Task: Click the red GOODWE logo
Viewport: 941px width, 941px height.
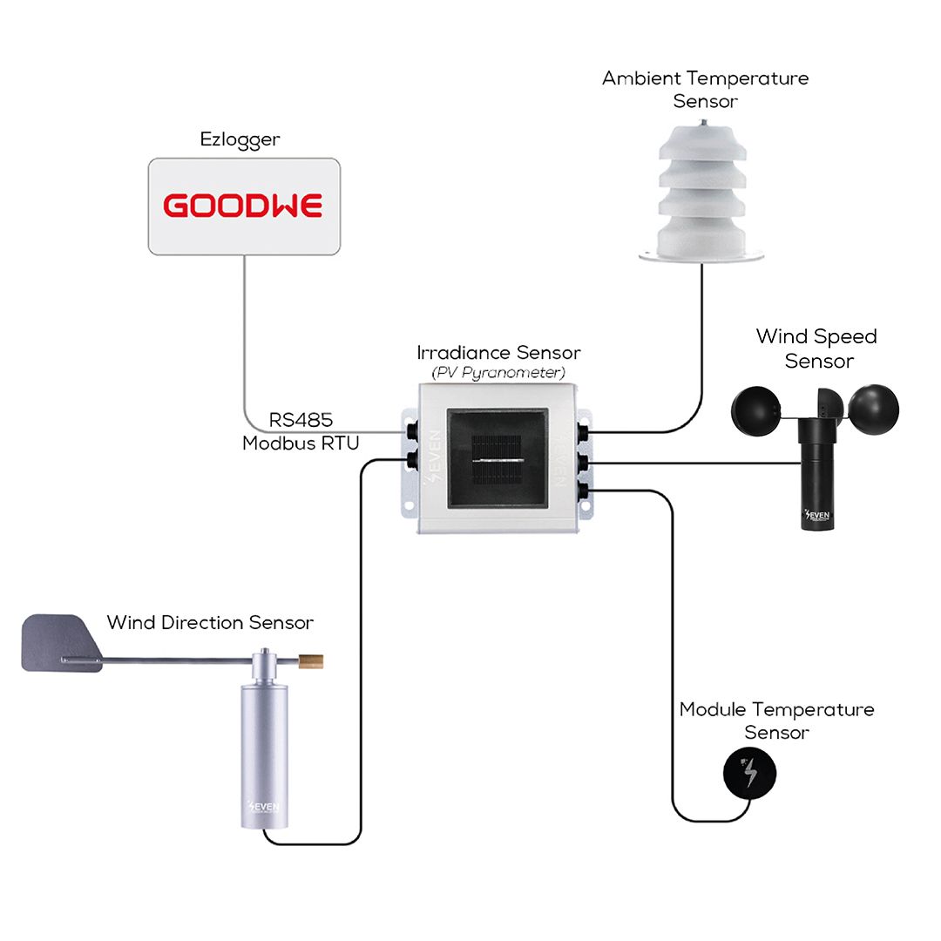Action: (243, 206)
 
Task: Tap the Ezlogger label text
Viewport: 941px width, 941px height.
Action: (240, 139)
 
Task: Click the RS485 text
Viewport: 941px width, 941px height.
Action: (301, 419)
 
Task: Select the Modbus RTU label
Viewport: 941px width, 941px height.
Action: (301, 443)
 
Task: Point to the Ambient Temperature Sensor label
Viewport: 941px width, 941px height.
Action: (705, 90)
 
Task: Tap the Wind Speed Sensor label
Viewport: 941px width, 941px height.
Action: (816, 349)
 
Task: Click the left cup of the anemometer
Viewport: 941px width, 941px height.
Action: (755, 410)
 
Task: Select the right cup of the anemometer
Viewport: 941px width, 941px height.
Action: (873, 410)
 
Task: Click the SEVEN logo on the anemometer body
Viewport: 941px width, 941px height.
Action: (816, 515)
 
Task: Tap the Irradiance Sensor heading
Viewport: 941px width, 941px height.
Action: (498, 352)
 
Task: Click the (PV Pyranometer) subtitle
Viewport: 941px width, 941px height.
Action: (498, 373)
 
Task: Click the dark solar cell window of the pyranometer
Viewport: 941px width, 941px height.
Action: (497, 458)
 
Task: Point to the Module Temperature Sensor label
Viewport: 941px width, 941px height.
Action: (776, 721)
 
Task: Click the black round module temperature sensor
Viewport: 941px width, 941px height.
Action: (749, 773)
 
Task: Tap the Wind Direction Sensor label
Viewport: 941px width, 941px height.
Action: (210, 622)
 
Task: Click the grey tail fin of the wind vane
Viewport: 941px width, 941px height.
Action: (60, 643)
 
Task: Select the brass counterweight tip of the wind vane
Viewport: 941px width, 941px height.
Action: (311, 661)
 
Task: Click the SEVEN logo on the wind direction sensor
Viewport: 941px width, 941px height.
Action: (263, 806)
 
